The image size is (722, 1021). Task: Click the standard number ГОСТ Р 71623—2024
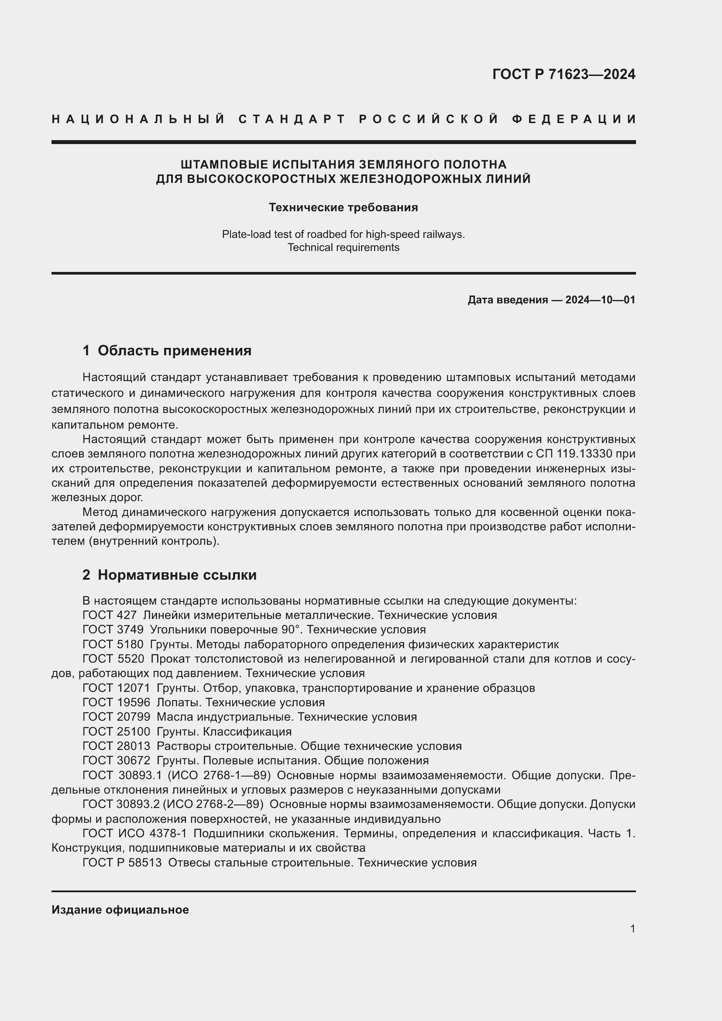pos(563,74)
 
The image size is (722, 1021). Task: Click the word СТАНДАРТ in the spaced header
pos(292,119)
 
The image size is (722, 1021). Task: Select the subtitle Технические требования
pos(343,208)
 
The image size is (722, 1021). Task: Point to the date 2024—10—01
pos(600,300)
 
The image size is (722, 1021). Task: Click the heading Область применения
pos(174,351)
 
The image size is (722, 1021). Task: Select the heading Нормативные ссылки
pos(177,575)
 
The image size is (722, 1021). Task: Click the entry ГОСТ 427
pos(110,615)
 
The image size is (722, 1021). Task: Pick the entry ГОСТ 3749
pos(113,630)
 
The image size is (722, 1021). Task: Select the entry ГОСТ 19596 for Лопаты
pos(116,703)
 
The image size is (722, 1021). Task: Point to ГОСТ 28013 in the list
pos(116,746)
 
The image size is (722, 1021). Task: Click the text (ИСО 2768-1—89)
pos(219,776)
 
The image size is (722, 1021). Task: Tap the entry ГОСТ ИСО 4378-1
pos(135,833)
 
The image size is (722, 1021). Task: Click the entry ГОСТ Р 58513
pos(122,863)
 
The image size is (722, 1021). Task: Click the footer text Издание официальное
pos(120,910)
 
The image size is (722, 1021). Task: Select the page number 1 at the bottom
pos(632,929)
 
